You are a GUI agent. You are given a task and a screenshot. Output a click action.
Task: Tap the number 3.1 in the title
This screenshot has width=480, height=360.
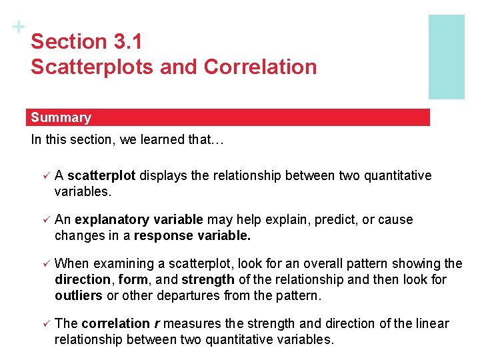tap(129, 41)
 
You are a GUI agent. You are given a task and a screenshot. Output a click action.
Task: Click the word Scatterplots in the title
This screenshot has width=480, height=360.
tap(81, 67)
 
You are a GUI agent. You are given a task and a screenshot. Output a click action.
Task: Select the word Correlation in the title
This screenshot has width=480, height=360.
tap(261, 67)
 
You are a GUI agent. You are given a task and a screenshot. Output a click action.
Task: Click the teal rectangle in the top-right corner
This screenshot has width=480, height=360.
tap(446, 57)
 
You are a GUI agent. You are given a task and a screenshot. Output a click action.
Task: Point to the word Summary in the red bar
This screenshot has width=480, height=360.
tap(61, 118)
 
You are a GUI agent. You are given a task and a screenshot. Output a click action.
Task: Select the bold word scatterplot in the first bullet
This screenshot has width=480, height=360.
tap(101, 175)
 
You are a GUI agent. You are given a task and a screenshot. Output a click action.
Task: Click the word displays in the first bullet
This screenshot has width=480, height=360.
tap(161, 175)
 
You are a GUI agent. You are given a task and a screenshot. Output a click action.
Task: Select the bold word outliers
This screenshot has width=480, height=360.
tap(77, 295)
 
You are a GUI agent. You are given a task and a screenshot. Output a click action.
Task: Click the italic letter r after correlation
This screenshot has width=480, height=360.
tap(156, 323)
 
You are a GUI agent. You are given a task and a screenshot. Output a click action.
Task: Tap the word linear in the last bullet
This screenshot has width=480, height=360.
tap(433, 323)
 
